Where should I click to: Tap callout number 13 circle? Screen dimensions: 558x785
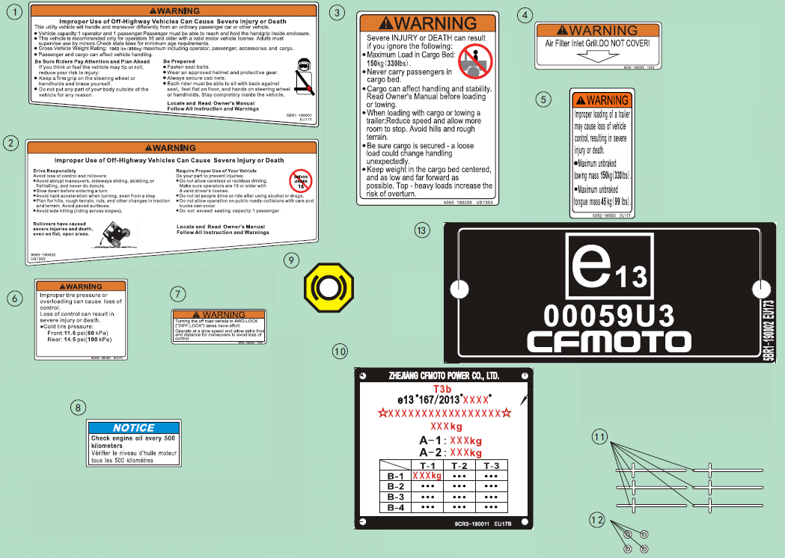[x=422, y=231]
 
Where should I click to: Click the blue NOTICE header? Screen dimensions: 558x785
[x=134, y=428]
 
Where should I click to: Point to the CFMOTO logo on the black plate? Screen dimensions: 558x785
[x=608, y=341]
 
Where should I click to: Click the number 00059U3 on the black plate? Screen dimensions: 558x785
[x=608, y=312]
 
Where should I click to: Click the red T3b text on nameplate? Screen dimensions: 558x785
[x=442, y=389]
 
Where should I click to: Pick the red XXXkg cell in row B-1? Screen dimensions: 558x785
[x=427, y=476]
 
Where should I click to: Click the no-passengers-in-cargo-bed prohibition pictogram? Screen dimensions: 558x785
[x=474, y=60]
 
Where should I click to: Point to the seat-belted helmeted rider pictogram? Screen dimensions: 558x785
[x=302, y=77]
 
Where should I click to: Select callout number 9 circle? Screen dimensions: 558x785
[x=292, y=260]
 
